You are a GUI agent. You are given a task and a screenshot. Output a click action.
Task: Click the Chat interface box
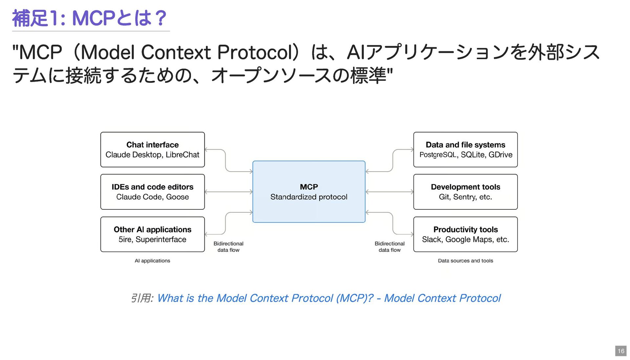tap(153, 150)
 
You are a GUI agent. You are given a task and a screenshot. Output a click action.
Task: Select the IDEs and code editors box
tap(153, 192)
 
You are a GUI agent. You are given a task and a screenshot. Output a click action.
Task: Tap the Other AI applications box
tap(153, 234)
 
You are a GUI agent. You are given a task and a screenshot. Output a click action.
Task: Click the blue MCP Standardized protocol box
tap(309, 192)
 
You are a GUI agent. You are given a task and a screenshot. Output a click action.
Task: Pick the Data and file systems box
tap(465, 150)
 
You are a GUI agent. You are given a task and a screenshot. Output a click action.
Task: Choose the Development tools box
tap(465, 192)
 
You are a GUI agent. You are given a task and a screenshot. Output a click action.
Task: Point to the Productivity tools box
tap(465, 234)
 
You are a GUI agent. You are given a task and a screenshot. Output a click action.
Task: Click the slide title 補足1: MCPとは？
tap(90, 18)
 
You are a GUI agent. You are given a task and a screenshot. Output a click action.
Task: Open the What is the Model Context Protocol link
tap(329, 298)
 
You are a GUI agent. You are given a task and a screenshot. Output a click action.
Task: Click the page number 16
tap(621, 351)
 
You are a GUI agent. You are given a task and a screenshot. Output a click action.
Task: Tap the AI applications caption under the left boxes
tap(152, 261)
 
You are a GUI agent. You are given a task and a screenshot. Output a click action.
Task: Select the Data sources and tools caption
tap(465, 261)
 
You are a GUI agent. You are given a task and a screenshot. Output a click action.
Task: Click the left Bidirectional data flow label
tap(228, 247)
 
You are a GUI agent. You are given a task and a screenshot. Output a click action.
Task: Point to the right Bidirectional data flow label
tap(389, 247)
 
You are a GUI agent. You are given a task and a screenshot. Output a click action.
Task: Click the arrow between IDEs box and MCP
tap(229, 192)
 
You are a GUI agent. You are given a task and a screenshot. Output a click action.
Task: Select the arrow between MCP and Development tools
tap(389, 192)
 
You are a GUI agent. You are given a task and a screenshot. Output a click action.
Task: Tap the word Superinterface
tap(161, 240)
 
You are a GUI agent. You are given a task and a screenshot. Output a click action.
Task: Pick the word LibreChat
tap(182, 155)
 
